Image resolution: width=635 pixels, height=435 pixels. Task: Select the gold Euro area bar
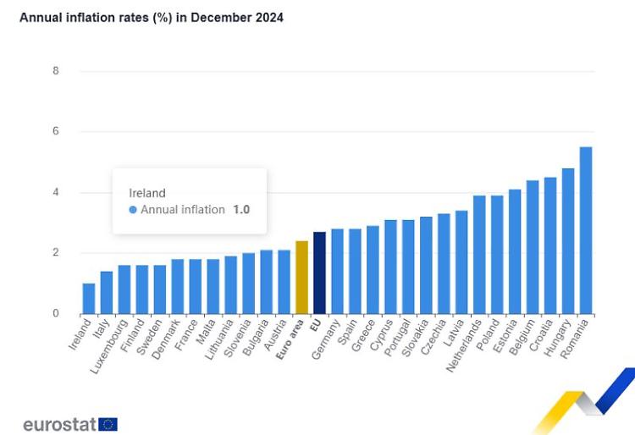pyautogui.click(x=301, y=278)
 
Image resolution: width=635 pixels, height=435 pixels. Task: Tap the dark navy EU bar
pyautogui.click(x=319, y=273)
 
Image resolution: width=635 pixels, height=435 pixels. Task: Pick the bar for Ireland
pyautogui.click(x=89, y=299)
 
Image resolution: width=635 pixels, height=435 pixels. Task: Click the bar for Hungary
pyautogui.click(x=568, y=241)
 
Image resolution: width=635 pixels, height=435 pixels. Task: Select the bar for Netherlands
pyautogui.click(x=479, y=255)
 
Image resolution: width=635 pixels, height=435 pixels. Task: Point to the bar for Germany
pyautogui.click(x=337, y=272)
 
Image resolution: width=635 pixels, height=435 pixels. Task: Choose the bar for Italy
pyautogui.click(x=107, y=293)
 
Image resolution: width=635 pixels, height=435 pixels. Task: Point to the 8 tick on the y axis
pyautogui.click(x=56, y=71)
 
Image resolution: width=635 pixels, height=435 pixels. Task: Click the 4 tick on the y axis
pyautogui.click(x=56, y=192)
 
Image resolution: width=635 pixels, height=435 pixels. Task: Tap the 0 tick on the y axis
pyautogui.click(x=56, y=314)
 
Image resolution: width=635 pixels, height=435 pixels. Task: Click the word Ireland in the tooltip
pyautogui.click(x=146, y=193)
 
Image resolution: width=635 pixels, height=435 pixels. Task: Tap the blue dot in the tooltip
pyautogui.click(x=133, y=210)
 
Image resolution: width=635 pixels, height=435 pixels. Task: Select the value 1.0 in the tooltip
pyautogui.click(x=241, y=210)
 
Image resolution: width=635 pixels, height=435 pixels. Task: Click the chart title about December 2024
pyautogui.click(x=152, y=18)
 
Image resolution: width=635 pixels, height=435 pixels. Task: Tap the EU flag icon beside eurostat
pyautogui.click(x=108, y=424)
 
